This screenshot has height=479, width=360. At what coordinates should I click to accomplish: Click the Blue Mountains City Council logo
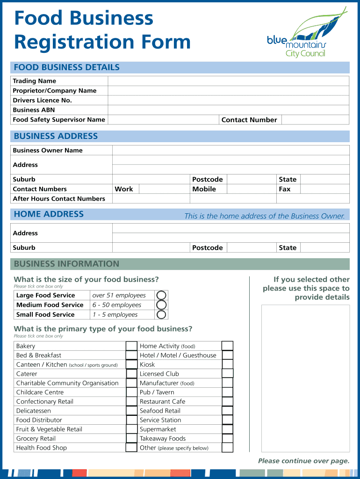pos(306,33)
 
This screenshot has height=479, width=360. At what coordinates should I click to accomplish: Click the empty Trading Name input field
pos(228,81)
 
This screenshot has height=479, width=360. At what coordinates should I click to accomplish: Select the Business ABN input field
pos(228,110)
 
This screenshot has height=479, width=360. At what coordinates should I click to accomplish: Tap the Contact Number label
pos(249,120)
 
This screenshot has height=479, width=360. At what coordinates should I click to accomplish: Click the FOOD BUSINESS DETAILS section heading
pos(67,67)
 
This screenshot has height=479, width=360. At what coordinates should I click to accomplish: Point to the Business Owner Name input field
pos(230,150)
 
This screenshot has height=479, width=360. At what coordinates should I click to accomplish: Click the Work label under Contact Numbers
pos(124,189)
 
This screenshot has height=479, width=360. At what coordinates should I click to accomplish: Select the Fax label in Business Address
pos(285,189)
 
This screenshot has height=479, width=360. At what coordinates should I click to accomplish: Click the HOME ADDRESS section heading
pos(49,214)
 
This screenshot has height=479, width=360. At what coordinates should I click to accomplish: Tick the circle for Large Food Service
pos(161,295)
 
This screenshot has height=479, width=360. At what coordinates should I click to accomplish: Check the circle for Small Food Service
pos(161,314)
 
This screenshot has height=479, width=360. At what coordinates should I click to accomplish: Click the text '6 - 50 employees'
pos(117,305)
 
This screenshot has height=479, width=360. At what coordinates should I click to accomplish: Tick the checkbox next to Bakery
pos(131,346)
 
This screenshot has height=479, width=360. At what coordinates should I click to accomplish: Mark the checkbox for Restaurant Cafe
pos(227,401)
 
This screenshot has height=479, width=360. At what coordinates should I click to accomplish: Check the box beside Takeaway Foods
pos(227,438)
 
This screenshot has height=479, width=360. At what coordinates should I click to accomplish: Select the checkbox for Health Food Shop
pos(131,448)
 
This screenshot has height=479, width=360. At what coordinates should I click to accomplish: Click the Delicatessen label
pos(34,411)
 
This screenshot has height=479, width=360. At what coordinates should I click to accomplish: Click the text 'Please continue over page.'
pos(303,461)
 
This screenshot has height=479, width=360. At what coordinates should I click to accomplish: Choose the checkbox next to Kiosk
pos(227,364)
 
